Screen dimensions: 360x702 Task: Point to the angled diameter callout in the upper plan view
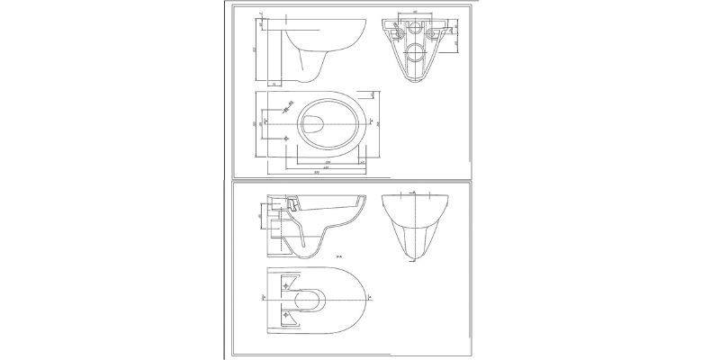(289, 106)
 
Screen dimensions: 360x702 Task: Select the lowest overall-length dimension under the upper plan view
(317, 172)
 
